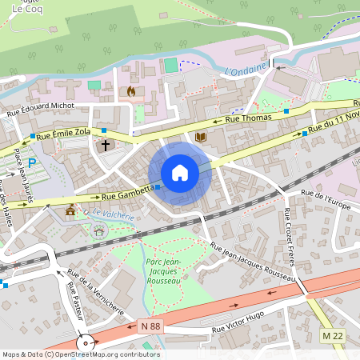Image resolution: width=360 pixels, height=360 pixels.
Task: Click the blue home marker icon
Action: pyautogui.click(x=180, y=173)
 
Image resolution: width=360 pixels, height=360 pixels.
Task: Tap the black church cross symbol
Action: pyautogui.click(x=105, y=146)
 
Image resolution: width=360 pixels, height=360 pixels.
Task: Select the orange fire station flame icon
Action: pyautogui.click(x=130, y=91)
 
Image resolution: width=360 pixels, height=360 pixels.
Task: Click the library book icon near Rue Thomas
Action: pyautogui.click(x=201, y=138)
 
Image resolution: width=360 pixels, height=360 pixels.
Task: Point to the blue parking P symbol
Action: pyautogui.click(x=32, y=163)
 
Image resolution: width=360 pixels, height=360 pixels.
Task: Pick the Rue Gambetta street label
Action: pyautogui.click(x=124, y=193)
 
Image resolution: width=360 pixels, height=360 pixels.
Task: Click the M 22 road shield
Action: pyautogui.click(x=332, y=334)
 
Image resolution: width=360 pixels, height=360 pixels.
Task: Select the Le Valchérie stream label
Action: pyautogui.click(x=110, y=214)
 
